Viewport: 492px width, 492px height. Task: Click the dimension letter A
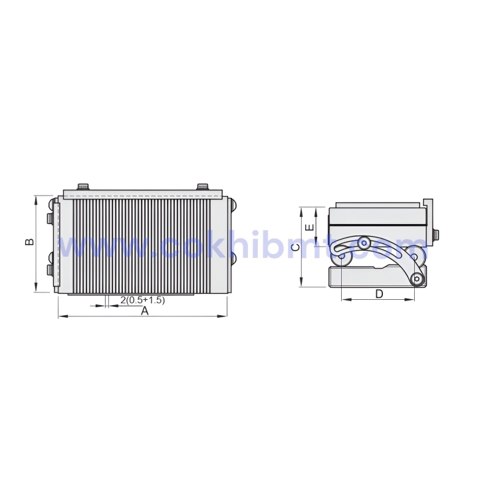tap(144, 310)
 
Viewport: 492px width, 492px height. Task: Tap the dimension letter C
tap(295, 247)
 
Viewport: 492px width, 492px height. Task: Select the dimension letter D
tap(379, 293)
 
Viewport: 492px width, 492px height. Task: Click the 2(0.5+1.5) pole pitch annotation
tap(142, 300)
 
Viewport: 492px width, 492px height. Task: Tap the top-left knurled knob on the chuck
tap(83, 186)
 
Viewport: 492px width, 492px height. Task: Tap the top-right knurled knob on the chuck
tap(202, 186)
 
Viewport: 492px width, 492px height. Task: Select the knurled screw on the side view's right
tap(435, 235)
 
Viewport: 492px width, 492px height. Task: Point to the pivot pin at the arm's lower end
tap(417, 279)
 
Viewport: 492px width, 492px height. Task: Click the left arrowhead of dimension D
tap(344, 299)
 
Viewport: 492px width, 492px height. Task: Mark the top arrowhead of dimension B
tap(35, 197)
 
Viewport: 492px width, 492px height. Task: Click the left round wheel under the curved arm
tap(342, 253)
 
